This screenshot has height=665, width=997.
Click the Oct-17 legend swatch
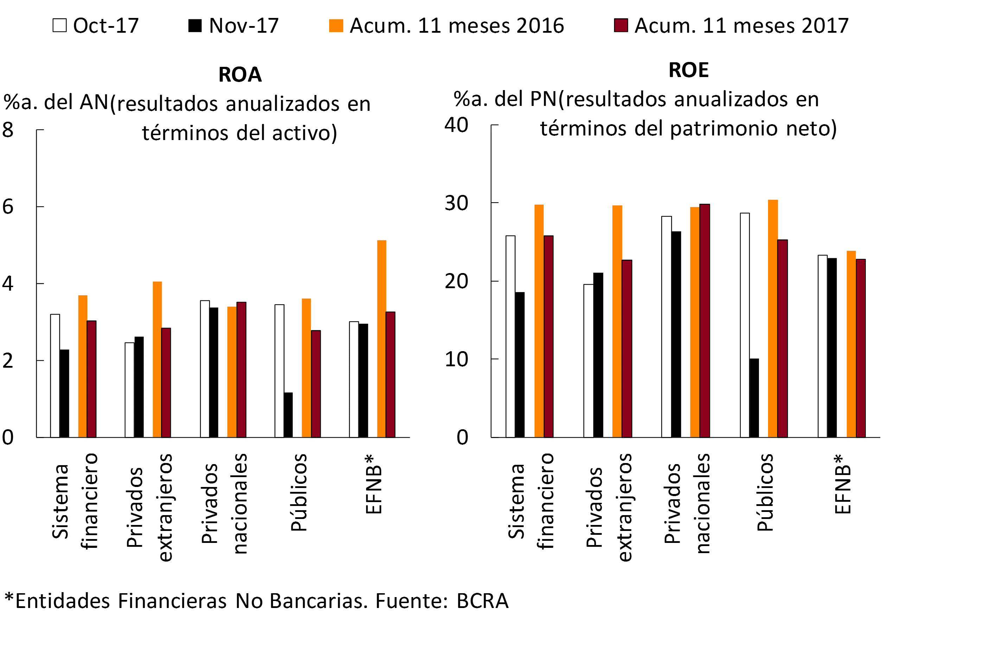(x=59, y=25)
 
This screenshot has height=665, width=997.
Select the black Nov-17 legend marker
(x=195, y=25)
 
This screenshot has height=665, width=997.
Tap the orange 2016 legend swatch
(x=336, y=25)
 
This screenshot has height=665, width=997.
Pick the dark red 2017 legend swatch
(x=621, y=25)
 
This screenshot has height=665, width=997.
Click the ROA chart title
(x=240, y=75)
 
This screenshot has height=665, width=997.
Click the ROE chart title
(x=689, y=70)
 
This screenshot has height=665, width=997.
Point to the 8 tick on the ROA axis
(x=8, y=130)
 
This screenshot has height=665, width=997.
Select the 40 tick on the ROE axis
(x=456, y=125)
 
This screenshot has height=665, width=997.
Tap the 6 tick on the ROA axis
(x=8, y=207)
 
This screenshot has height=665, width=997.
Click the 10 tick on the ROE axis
(x=456, y=360)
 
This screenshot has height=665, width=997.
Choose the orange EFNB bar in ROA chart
(x=382, y=339)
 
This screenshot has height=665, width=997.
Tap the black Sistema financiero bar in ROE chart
(x=520, y=365)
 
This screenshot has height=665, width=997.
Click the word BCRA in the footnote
(x=482, y=601)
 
